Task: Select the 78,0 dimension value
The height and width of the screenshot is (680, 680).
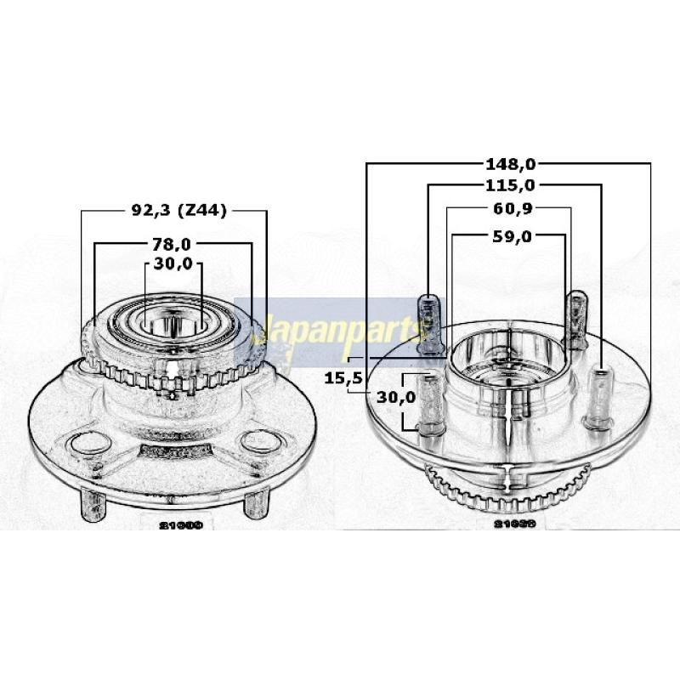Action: [173, 245]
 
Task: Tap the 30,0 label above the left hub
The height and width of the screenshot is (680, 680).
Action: [173, 264]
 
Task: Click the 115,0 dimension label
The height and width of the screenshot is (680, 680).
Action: [510, 184]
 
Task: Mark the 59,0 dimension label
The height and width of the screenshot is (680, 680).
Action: [510, 236]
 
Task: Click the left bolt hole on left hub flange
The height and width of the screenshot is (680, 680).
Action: [82, 443]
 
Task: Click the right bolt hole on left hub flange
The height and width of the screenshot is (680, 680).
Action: [256, 442]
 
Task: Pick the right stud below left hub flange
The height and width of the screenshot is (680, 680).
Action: [252, 503]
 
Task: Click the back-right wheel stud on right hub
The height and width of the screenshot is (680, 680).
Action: [577, 317]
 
